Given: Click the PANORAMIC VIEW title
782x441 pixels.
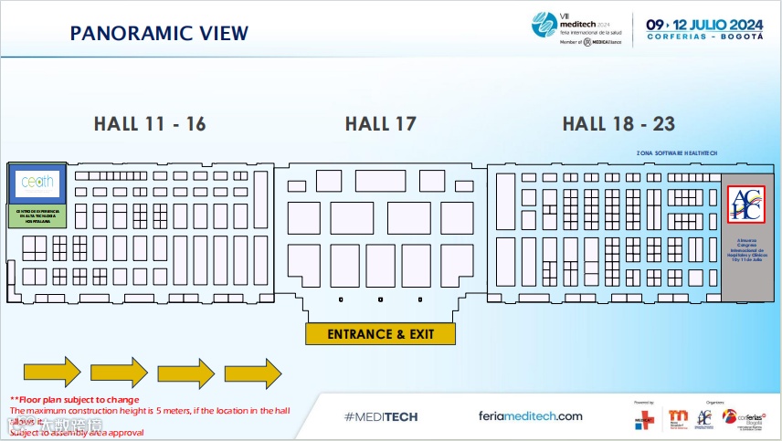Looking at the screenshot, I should tap(159, 34).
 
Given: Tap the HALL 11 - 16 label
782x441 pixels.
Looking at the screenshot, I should tap(150, 124).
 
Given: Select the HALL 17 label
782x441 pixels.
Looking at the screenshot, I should tap(380, 124).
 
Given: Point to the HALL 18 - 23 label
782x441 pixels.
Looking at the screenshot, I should tap(618, 124).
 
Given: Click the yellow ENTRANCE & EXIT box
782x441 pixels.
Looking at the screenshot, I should tap(380, 333).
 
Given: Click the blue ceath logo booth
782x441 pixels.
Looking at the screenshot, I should tap(37, 183).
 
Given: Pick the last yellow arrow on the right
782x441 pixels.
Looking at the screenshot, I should tap(253, 372).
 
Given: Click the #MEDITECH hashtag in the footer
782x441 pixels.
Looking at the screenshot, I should tap(381, 416).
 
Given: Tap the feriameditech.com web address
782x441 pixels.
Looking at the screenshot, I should tap(530, 416).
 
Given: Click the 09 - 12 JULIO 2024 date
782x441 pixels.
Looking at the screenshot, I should tap(704, 24).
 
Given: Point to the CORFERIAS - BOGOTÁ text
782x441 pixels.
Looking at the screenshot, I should tap(704, 37).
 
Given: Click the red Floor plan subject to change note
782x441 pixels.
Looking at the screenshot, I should tap(75, 400).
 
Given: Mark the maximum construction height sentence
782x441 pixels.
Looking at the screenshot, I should tap(150, 411).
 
